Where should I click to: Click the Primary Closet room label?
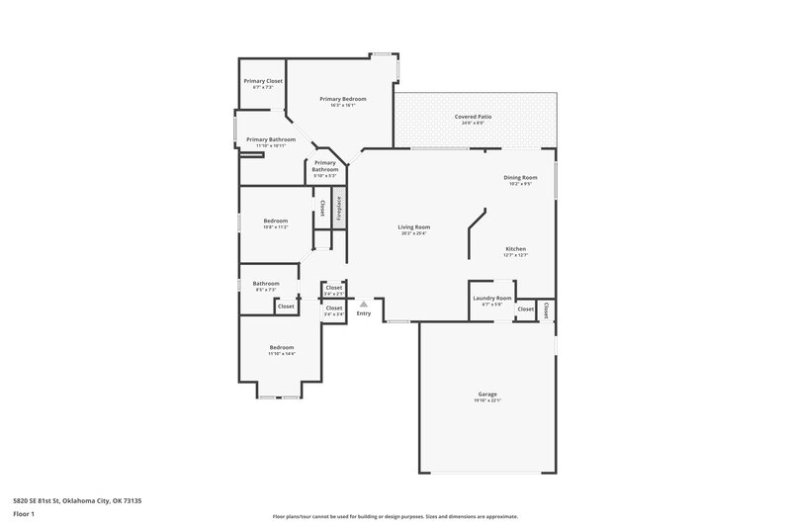[263, 80]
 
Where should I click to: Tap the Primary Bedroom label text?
[342, 99]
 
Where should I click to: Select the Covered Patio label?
[473, 117]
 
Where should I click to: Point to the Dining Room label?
[520, 177]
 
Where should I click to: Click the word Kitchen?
[515, 248]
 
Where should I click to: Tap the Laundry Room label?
[491, 298]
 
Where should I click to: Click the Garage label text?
[486, 394]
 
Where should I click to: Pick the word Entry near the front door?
[364, 313]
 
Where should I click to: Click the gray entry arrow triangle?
[364, 304]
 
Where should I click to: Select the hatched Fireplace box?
[337, 210]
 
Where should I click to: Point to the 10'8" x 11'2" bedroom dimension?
[276, 226]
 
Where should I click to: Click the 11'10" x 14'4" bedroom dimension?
[282, 353]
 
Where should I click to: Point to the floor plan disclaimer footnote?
[395, 516]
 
